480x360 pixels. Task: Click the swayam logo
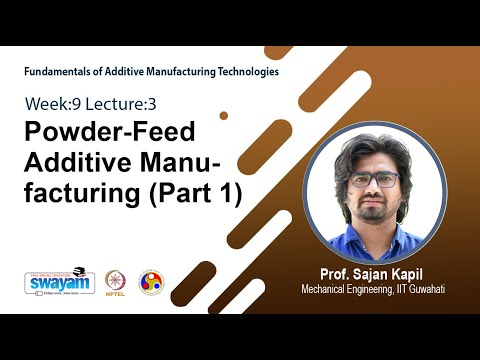(53, 281)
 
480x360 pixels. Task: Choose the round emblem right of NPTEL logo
(152, 281)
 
